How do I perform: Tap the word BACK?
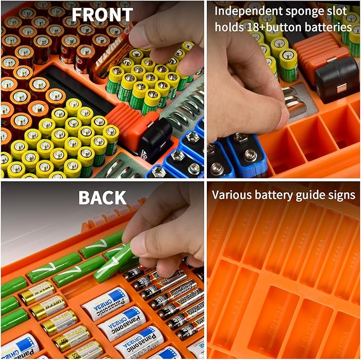pos(103,197)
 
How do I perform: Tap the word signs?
pos(341,195)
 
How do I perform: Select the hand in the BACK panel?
pos(165,223)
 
